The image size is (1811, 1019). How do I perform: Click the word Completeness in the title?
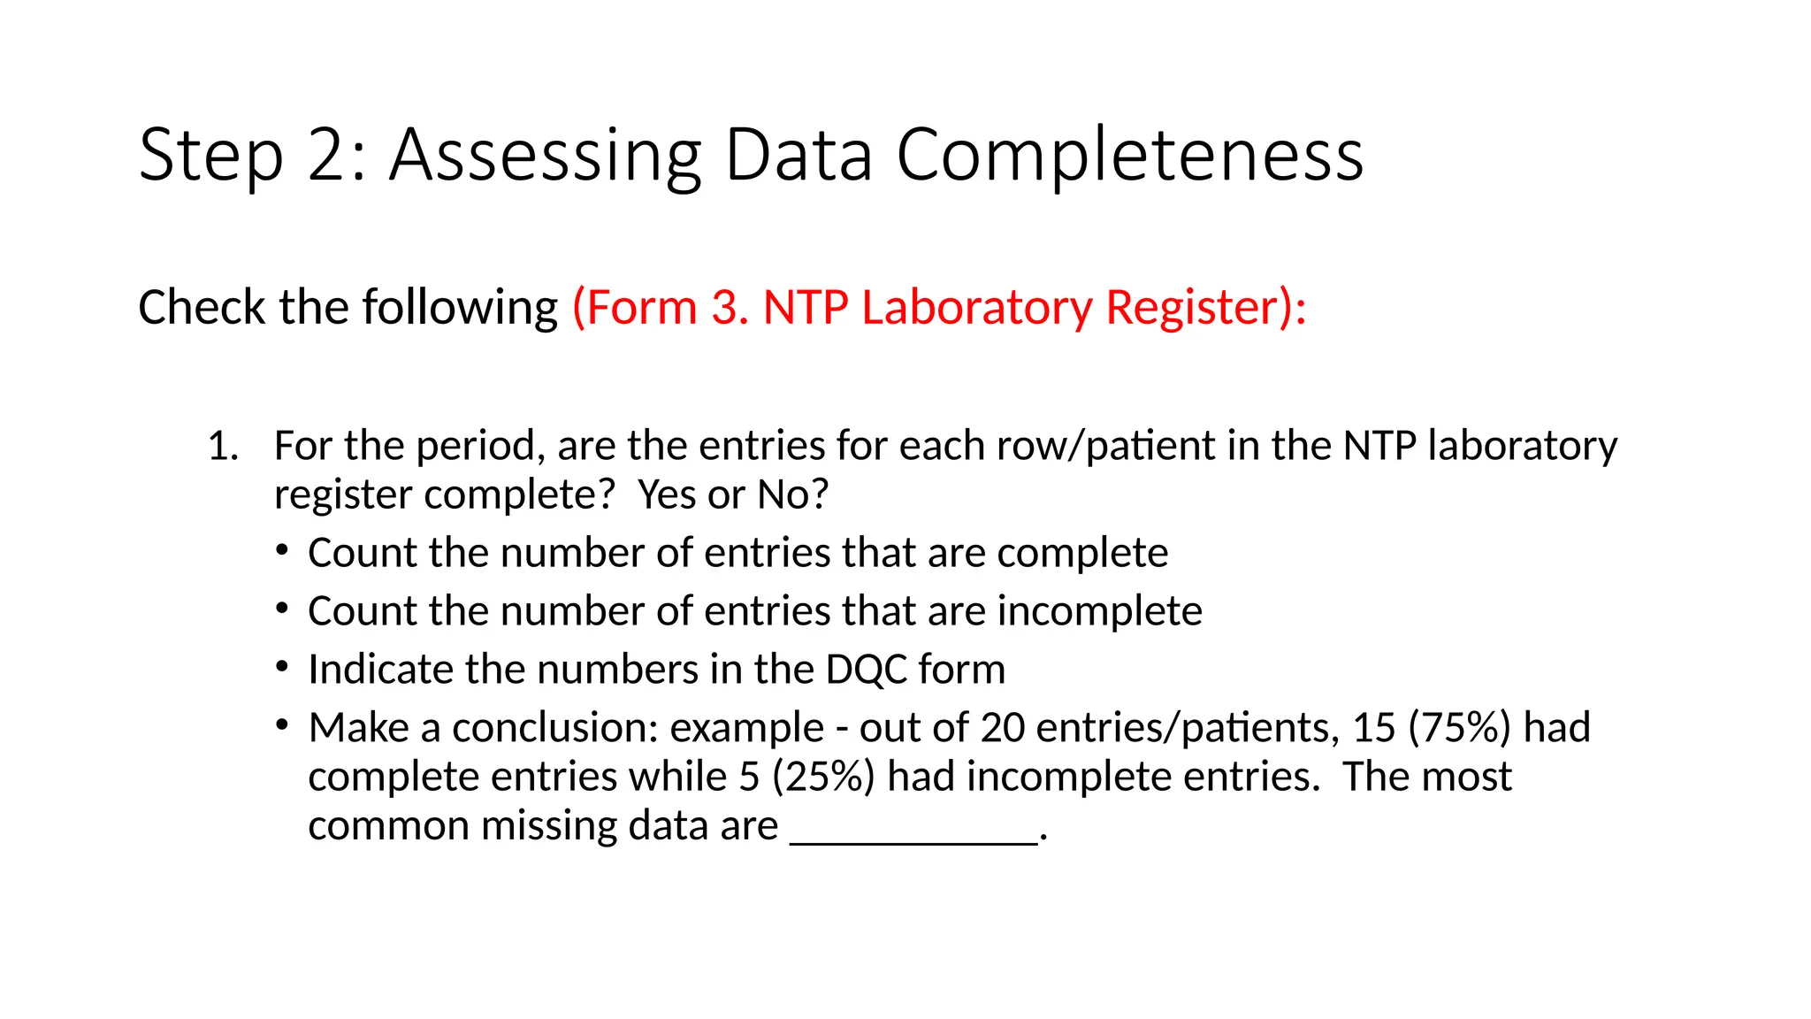coord(1129,156)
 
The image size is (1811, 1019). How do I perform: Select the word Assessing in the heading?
coord(546,156)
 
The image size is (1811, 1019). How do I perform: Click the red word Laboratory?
coord(977,308)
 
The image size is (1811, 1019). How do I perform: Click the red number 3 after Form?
coord(724,308)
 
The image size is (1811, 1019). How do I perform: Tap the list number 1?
coord(222,446)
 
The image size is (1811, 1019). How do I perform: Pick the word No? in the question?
coord(793,494)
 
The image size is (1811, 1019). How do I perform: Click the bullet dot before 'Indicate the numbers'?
coord(282,667)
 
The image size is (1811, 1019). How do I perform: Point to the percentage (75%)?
coord(1459,728)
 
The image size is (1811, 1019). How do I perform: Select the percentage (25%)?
coord(823,777)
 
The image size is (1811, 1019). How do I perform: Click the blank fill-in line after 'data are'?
coord(913,840)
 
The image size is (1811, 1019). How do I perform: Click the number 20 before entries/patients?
coord(1002,728)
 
